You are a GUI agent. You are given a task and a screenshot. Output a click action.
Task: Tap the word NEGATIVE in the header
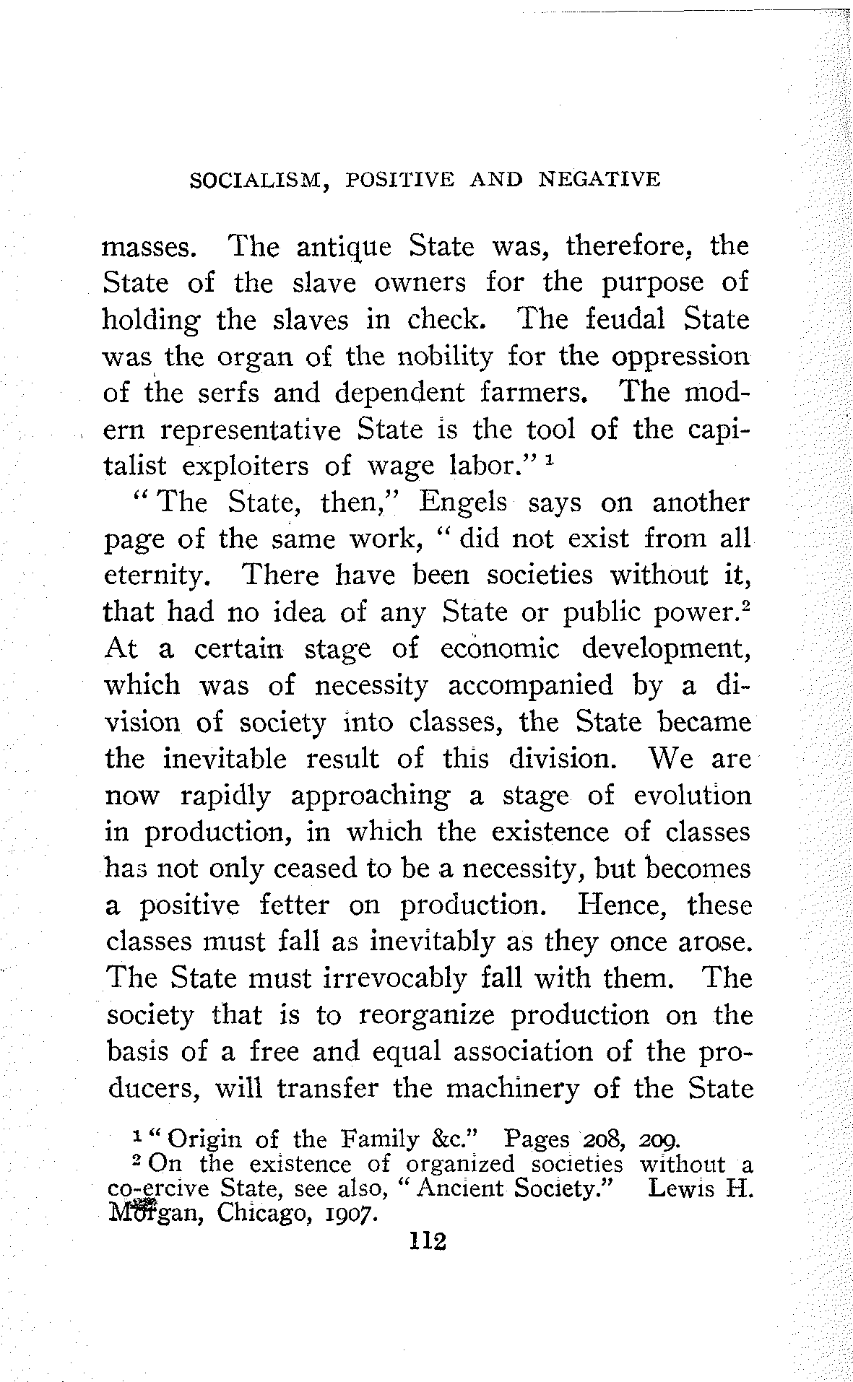599,179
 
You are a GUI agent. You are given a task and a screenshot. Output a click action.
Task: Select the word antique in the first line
344,248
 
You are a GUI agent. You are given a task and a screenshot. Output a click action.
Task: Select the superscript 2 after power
748,605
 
